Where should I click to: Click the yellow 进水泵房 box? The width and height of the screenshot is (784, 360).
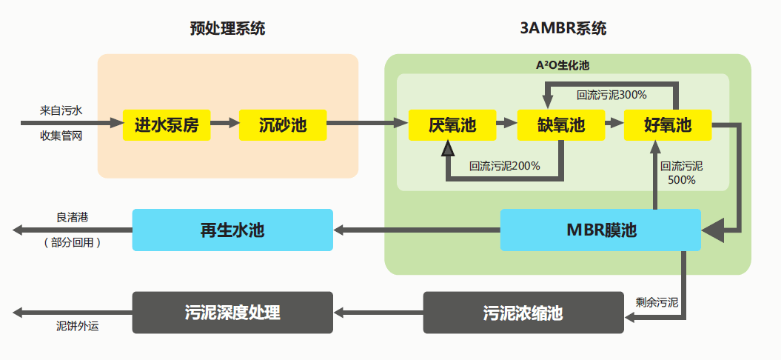(x=167, y=125)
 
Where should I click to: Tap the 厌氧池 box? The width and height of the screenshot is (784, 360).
(x=452, y=125)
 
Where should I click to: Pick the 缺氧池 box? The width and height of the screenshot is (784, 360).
(x=560, y=125)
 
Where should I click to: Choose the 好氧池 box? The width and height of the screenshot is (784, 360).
(x=667, y=125)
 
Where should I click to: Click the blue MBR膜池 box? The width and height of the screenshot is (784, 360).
(x=600, y=230)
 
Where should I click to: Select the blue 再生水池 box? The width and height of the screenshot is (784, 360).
(x=232, y=230)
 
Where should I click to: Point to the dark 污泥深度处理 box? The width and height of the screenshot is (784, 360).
(x=232, y=312)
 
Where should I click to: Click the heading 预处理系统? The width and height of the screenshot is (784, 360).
(x=227, y=30)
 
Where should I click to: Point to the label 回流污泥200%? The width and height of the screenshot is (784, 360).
(x=504, y=166)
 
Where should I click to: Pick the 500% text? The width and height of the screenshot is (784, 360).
(x=682, y=180)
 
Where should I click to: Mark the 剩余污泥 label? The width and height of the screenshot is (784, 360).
(x=657, y=302)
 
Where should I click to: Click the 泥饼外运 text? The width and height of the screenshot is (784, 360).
(x=78, y=325)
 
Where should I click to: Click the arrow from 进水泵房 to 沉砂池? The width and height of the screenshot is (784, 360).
(x=225, y=124)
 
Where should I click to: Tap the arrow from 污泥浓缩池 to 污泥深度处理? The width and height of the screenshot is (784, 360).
(x=378, y=313)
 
